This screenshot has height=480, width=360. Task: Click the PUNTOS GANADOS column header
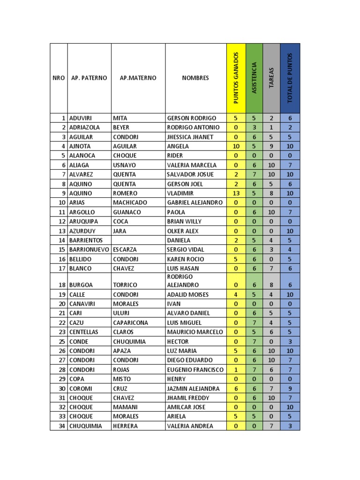pos(236,78)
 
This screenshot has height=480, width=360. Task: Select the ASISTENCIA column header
pos(254,78)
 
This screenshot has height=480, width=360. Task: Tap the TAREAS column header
pos(271,78)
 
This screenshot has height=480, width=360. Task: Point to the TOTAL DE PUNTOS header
pos(290,78)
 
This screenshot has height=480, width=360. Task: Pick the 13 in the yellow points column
pos(236,193)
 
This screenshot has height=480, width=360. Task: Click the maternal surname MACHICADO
pos(130,202)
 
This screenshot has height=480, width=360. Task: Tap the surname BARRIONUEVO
pos(89,249)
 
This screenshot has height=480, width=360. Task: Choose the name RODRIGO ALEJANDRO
pos(183,281)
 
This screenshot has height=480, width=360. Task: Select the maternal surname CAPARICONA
pos(130,322)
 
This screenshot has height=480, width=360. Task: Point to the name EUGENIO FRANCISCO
pos(195,369)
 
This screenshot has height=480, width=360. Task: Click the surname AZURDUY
pos(82,231)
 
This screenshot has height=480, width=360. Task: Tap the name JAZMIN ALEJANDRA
pos(193,388)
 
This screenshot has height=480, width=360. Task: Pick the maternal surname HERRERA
pos(127,426)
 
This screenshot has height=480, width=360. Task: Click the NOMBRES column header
pos(195,78)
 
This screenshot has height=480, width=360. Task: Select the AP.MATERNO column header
pos(138,78)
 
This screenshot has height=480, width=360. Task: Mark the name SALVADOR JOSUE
pos(190,174)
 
